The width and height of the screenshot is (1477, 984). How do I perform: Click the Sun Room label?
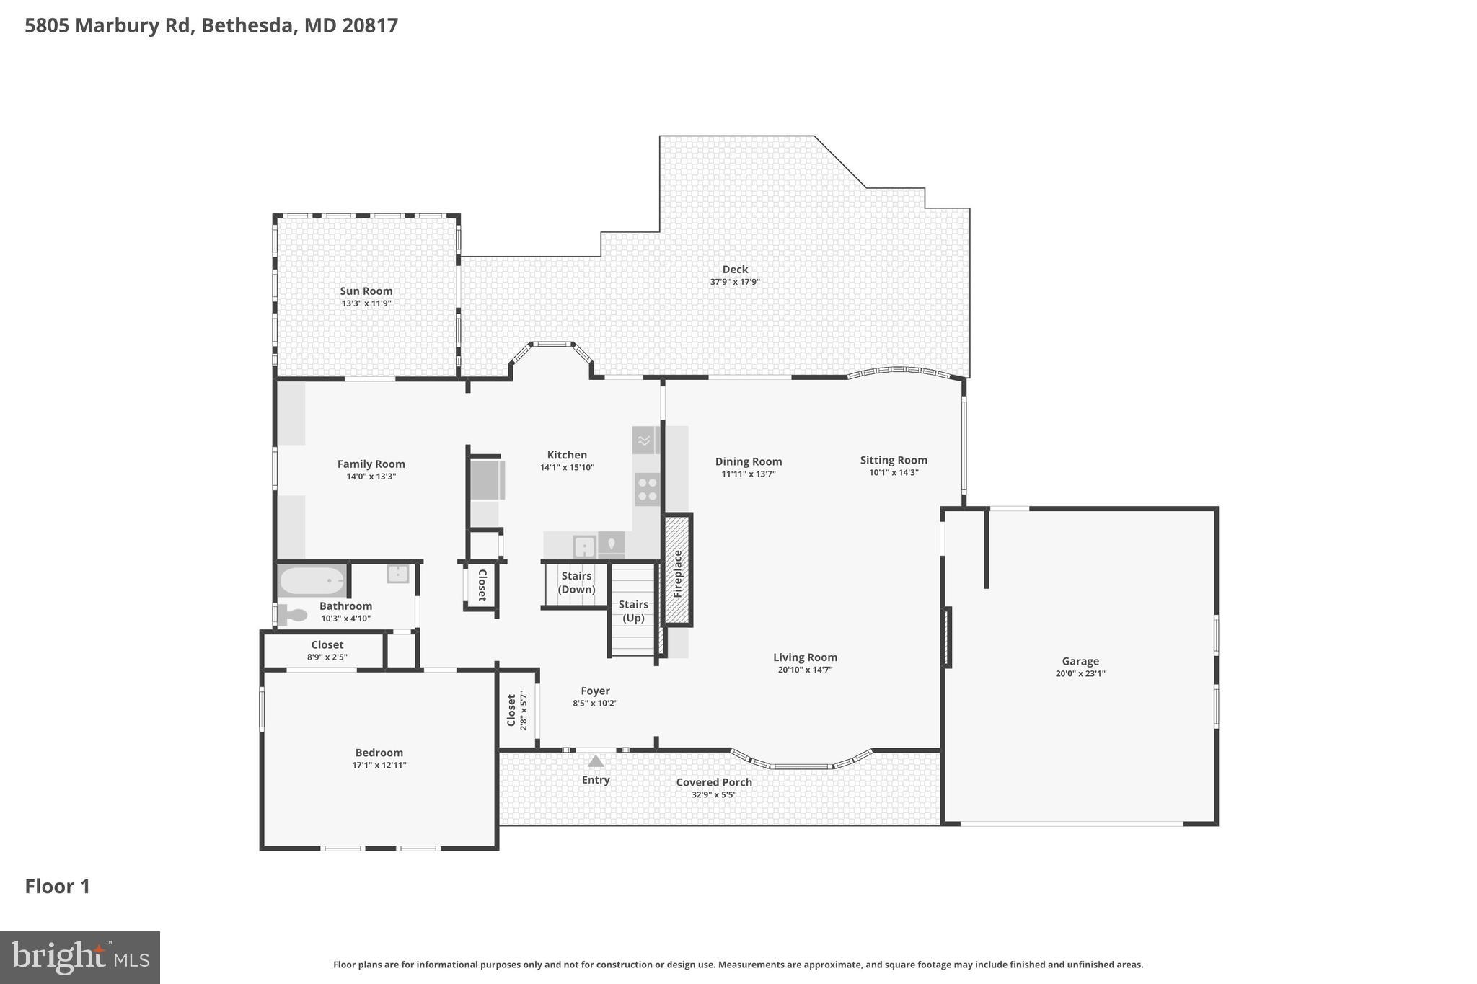(x=366, y=291)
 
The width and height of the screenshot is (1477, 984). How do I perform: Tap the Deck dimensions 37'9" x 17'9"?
(x=735, y=282)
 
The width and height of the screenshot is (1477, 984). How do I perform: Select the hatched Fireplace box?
(x=677, y=569)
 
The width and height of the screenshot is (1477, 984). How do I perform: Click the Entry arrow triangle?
(x=595, y=761)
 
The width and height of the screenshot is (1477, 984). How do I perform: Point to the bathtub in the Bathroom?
(x=312, y=580)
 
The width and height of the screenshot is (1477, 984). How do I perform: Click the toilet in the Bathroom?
(x=293, y=615)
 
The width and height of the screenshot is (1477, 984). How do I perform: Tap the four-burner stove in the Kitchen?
(x=647, y=489)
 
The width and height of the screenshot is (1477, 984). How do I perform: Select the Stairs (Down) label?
(x=576, y=582)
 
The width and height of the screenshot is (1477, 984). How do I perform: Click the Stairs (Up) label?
(x=633, y=611)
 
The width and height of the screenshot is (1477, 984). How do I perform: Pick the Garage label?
(x=1080, y=661)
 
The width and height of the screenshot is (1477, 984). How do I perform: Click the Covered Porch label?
(x=714, y=782)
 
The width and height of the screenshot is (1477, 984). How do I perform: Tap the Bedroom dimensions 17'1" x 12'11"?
(x=379, y=766)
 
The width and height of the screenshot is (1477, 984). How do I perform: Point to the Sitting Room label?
(x=893, y=460)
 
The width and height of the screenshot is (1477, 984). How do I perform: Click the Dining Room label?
(x=748, y=461)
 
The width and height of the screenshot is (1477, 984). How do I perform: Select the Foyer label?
(x=595, y=691)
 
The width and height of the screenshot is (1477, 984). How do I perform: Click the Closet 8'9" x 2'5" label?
(x=327, y=644)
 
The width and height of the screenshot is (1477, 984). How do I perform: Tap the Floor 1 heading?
(x=58, y=886)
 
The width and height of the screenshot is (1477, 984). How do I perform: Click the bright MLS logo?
(x=80, y=957)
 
